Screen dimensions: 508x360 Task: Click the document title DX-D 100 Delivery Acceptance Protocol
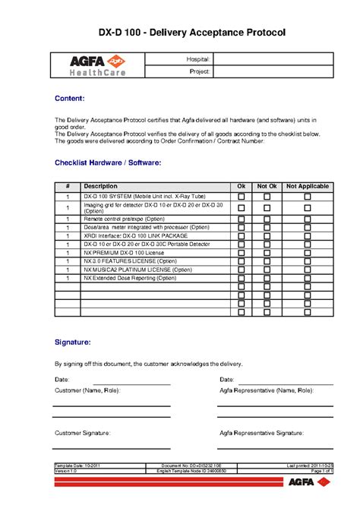click(x=181, y=33)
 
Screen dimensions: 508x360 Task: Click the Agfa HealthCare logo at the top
click(x=98, y=66)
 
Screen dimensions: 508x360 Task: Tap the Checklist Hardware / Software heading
click(x=107, y=162)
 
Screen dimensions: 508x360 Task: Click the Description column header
click(x=100, y=186)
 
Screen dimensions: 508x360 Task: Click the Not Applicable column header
click(x=307, y=186)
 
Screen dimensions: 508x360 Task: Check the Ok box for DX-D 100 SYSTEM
click(x=242, y=196)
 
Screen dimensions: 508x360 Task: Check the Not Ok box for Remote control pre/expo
click(x=267, y=218)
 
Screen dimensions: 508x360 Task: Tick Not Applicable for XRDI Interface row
click(x=307, y=235)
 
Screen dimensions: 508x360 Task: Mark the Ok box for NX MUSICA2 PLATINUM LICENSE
click(x=242, y=270)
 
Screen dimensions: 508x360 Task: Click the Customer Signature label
click(x=83, y=433)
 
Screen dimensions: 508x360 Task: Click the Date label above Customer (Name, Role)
click(x=62, y=379)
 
